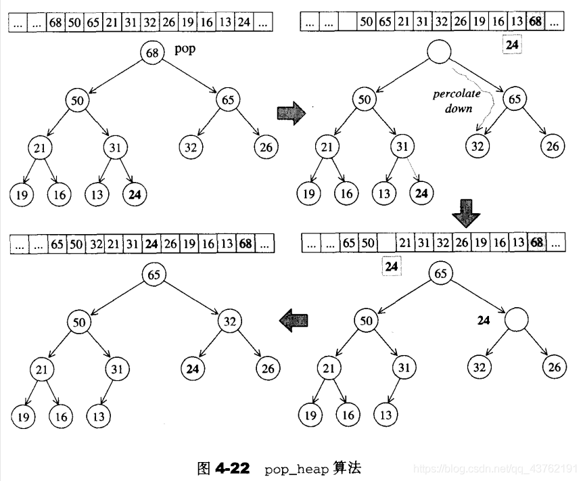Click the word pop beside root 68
pyautogui.click(x=185, y=49)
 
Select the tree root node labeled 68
pyautogui.click(x=152, y=53)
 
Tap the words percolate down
pyautogui.click(x=457, y=101)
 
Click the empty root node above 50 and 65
pyautogui.click(x=439, y=51)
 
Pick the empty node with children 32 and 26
pyautogui.click(x=517, y=319)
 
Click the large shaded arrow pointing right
pyautogui.click(x=291, y=113)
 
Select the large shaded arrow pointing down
pyautogui.click(x=466, y=213)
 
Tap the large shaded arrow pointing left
pyautogui.click(x=294, y=320)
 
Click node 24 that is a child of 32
pyautogui.click(x=193, y=369)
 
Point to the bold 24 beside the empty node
pyautogui.click(x=484, y=320)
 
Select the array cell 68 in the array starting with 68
pyautogui.click(x=55, y=22)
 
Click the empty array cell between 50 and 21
pyautogui.click(x=386, y=243)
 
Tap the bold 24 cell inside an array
pyautogui.click(x=151, y=244)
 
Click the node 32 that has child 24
pyautogui.click(x=230, y=321)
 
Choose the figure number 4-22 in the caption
pyautogui.click(x=233, y=468)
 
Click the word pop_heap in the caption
pyautogui.click(x=297, y=469)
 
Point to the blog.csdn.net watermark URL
pyautogui.click(x=498, y=468)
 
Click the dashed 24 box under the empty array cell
pyautogui.click(x=392, y=267)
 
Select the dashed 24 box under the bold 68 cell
pyautogui.click(x=512, y=45)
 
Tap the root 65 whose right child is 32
pyautogui.click(x=154, y=274)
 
